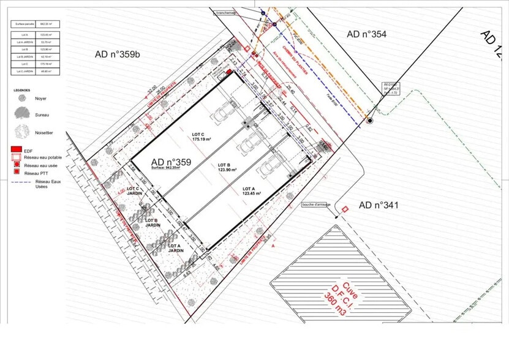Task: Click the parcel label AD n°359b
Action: pyautogui.click(x=118, y=54)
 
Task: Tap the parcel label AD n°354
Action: pyautogui.click(x=366, y=34)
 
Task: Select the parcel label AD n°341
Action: pyautogui.click(x=379, y=205)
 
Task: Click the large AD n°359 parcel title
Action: pyautogui.click(x=171, y=162)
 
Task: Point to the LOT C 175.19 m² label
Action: pyautogui.click(x=201, y=137)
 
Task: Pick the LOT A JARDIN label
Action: pyautogui.click(x=176, y=248)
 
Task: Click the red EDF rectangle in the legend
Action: pyautogui.click(x=17, y=149)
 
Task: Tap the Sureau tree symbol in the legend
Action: pyautogui.click(x=22, y=112)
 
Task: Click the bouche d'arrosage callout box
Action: pyautogui.click(x=317, y=204)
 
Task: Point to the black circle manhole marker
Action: pyautogui.click(x=369, y=121)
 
